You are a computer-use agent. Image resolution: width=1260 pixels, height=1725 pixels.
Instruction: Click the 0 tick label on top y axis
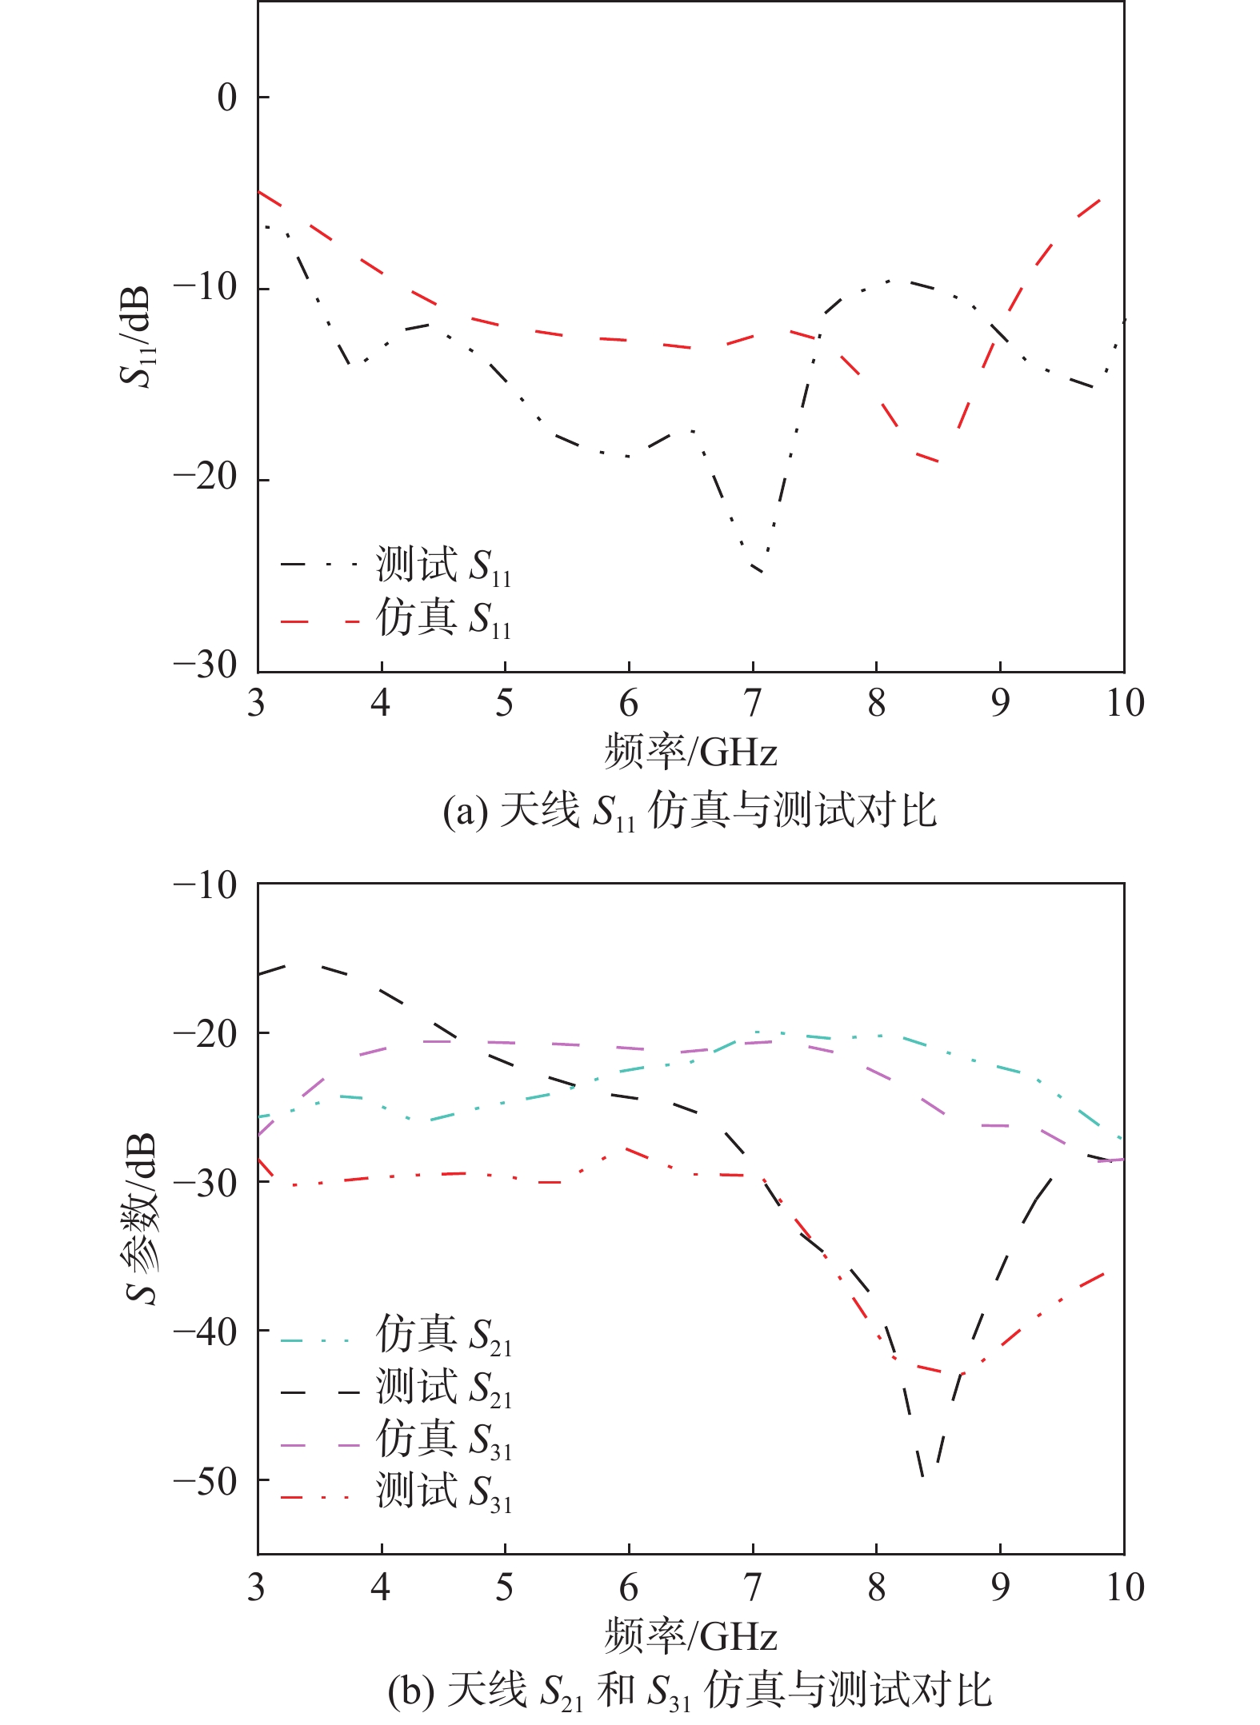[227, 98]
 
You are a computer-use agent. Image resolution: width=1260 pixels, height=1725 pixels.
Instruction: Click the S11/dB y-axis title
[136, 336]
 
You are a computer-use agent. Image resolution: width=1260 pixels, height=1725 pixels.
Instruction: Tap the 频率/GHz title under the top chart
[690, 753]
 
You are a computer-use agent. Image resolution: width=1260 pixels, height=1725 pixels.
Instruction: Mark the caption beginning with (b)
[690, 1691]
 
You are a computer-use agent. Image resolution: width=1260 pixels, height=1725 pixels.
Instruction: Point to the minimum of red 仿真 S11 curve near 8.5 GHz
[936, 461]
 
